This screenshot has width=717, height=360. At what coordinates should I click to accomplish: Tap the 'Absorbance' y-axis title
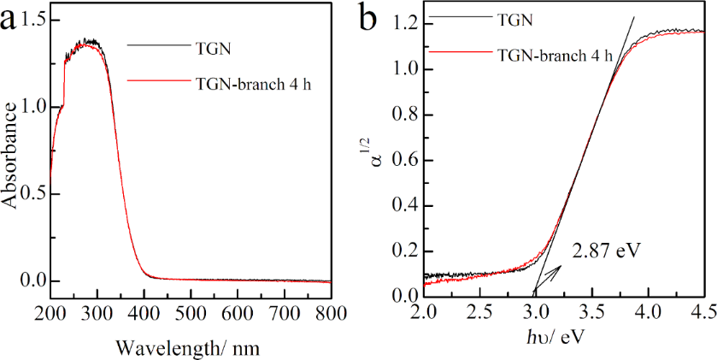click(x=12, y=153)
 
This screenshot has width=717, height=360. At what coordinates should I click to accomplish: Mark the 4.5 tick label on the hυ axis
click(x=703, y=314)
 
